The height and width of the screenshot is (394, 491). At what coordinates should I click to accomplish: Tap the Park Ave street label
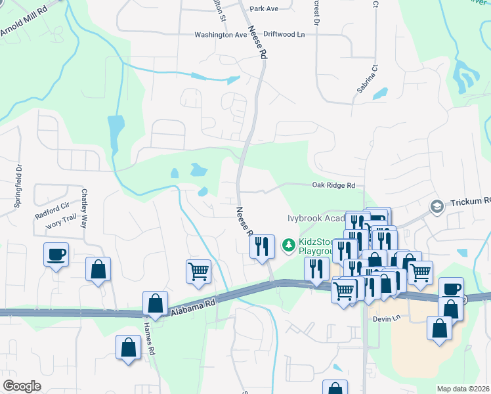[x=264, y=9]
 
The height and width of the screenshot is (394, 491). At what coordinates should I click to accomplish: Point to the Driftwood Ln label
[x=286, y=35]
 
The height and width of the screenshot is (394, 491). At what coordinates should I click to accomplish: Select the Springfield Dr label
[x=18, y=186]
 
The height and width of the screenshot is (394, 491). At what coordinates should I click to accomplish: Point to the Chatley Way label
[x=85, y=208]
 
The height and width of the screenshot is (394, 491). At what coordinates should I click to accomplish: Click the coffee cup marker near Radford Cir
[x=56, y=253]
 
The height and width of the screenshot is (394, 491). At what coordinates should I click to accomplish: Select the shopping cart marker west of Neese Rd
[x=198, y=271]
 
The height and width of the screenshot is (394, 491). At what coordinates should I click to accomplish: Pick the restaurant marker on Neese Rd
[x=262, y=247]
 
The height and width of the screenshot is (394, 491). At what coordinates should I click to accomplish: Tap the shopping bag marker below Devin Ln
[x=438, y=328]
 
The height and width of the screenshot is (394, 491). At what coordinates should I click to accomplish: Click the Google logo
[x=22, y=386]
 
